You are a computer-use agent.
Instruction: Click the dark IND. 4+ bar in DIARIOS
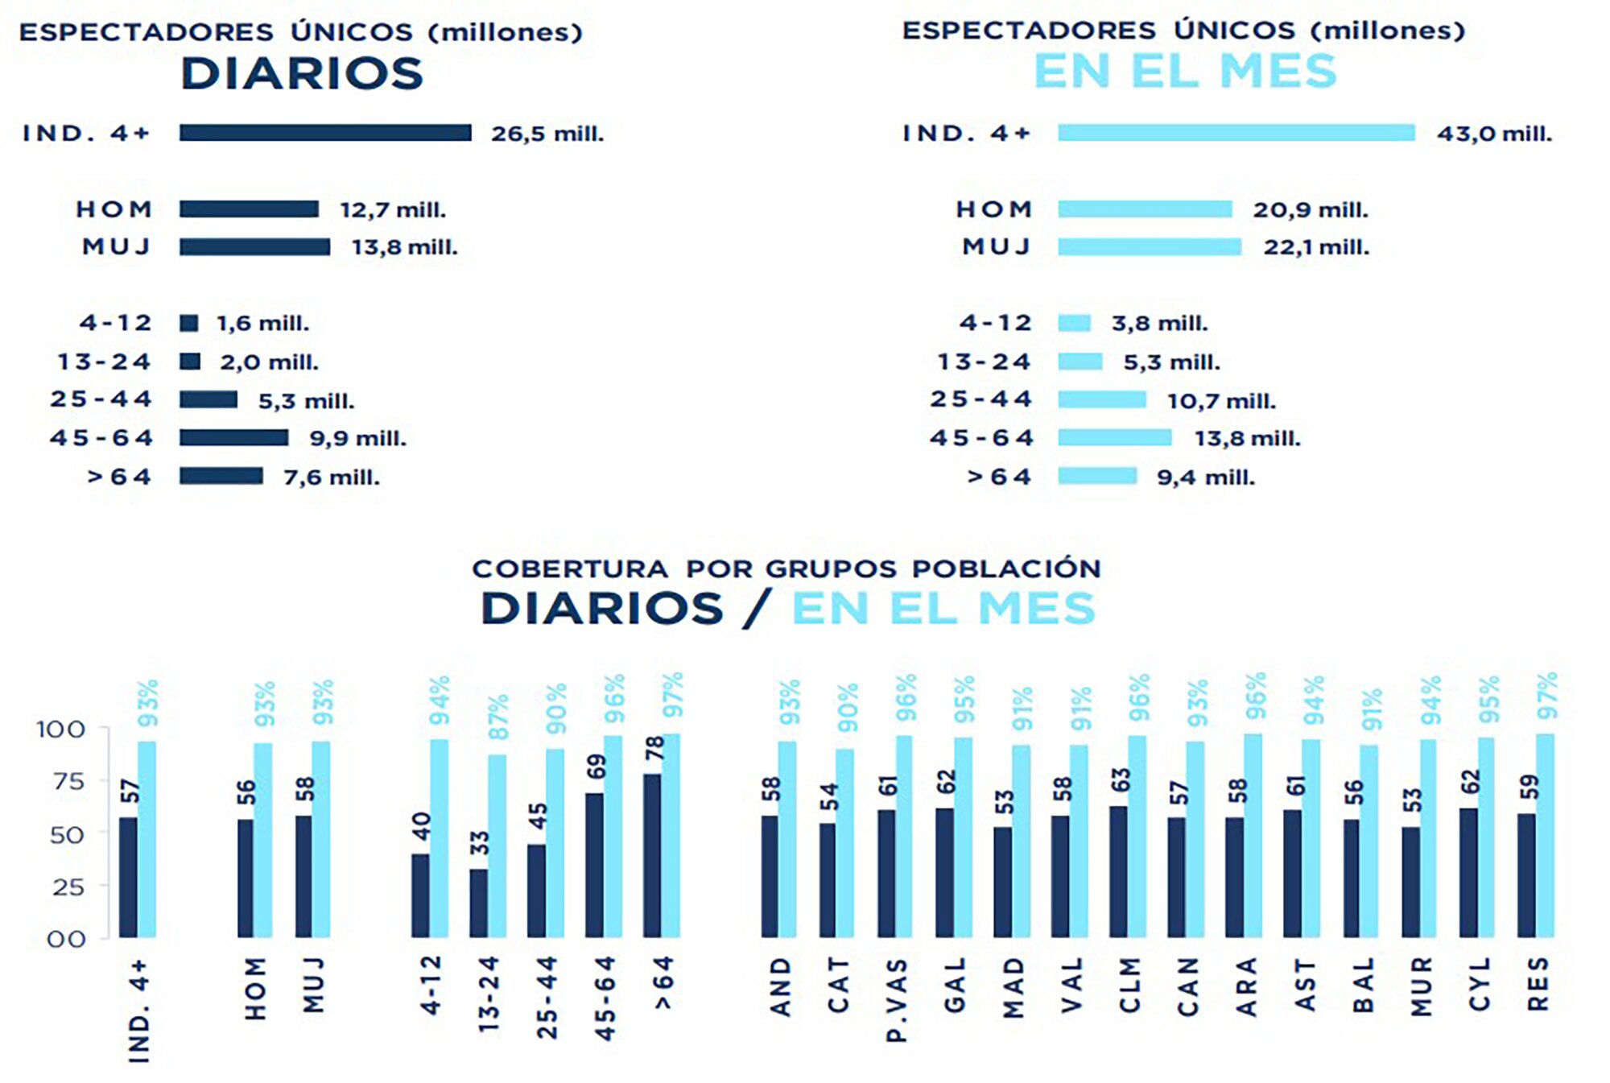point(325,133)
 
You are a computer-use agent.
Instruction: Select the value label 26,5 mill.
point(547,134)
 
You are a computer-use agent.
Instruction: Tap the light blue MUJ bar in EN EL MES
point(1150,247)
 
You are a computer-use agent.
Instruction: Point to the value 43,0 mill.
point(1494,134)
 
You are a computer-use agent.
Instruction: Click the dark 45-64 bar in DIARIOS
point(233,438)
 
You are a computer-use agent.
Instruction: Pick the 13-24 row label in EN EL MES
point(984,362)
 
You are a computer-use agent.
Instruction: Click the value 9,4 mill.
point(1205,477)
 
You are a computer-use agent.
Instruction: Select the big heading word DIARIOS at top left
point(302,74)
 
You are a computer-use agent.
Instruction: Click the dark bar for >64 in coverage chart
point(652,855)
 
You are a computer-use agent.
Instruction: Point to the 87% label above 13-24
point(498,717)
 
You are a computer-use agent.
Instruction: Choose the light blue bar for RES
point(1545,835)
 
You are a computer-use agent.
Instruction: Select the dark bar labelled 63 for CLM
point(1118,871)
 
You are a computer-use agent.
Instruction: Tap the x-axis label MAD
point(1013,987)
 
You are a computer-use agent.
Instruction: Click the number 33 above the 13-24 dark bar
point(480,843)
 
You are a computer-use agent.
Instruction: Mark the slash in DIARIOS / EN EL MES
point(757,609)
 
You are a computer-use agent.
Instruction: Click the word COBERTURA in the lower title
point(570,569)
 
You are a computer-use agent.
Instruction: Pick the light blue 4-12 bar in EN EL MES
point(1074,324)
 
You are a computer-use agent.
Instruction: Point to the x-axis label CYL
point(1479,984)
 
